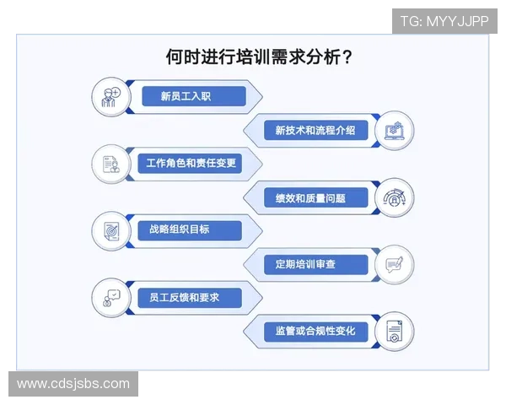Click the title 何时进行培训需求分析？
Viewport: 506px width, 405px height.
point(259,57)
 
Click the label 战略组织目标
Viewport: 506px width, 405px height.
point(180,229)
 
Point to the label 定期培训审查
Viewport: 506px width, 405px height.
point(305,264)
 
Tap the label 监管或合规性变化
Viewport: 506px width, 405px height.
point(310,331)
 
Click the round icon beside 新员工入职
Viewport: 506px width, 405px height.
point(111,97)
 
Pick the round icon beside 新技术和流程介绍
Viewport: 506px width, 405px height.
point(394,131)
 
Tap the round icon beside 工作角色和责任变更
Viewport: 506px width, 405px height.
point(111,164)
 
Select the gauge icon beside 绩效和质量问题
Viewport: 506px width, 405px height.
point(394,197)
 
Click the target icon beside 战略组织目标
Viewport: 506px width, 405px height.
point(111,230)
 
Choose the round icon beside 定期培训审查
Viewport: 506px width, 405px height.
point(394,264)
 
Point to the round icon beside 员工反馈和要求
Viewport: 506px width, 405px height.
point(111,298)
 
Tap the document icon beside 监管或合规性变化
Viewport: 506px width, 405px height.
point(394,331)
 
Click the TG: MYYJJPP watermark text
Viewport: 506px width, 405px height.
point(444,21)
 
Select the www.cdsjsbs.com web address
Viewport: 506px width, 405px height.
point(73,384)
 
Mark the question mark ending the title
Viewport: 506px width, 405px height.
point(347,57)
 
